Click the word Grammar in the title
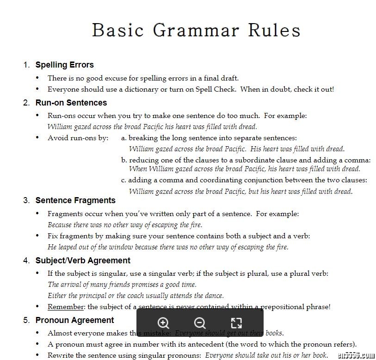coord(196,30)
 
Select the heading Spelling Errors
coord(64,65)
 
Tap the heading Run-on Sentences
coord(71,103)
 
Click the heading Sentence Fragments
coord(75,200)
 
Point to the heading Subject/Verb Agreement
coord(83,261)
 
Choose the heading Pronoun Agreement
coord(74,320)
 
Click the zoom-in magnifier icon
coord(163,323)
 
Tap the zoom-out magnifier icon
coord(200,323)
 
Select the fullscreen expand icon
coord(236,323)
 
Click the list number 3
coord(26,200)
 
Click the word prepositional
coord(283,307)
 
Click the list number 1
coord(26,65)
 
